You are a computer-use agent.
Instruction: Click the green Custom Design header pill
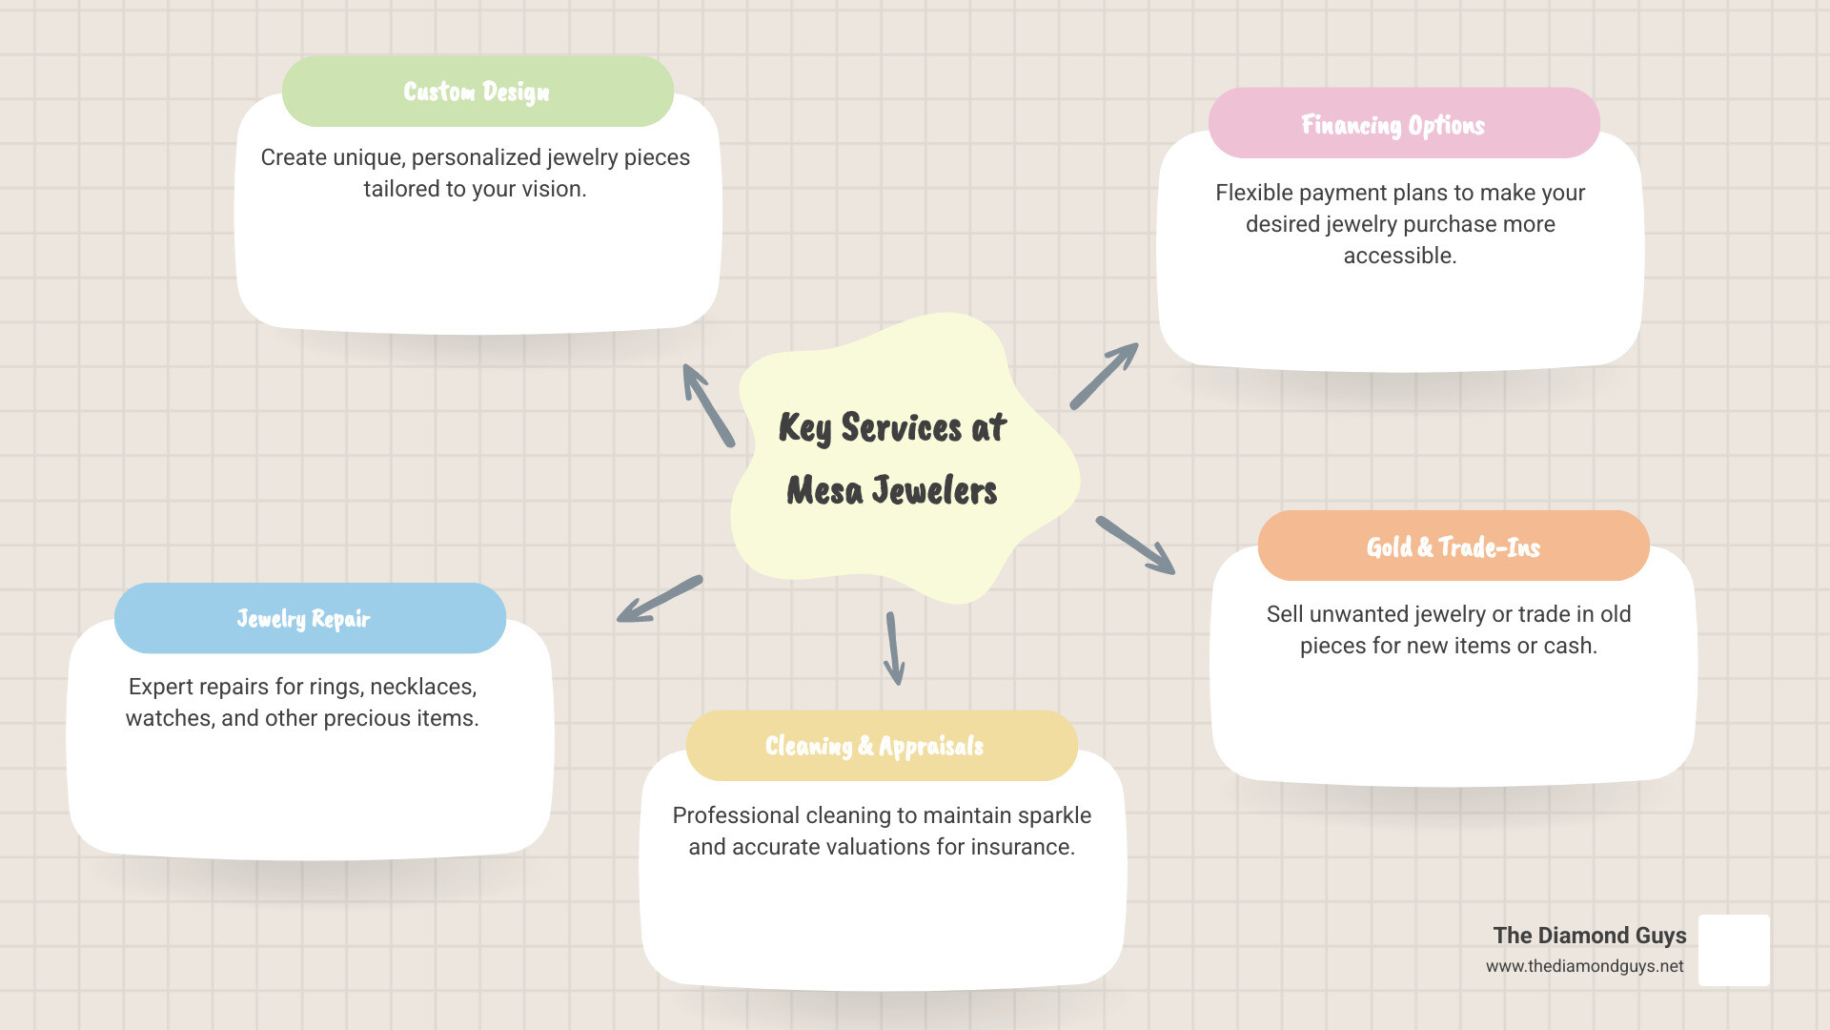point(478,92)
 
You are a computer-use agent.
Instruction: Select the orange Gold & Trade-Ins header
point(1453,546)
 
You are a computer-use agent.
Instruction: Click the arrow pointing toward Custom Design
point(707,404)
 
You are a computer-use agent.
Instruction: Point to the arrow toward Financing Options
point(1104,376)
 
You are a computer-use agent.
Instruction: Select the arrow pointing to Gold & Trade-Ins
point(1135,546)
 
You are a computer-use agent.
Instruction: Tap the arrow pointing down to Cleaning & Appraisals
point(894,649)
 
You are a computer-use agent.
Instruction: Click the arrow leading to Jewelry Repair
point(660,599)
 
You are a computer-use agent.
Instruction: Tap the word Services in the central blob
point(901,428)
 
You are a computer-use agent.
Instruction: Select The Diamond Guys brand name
point(1589,936)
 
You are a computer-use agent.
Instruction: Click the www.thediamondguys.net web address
point(1584,966)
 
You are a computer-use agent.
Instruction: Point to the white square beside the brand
point(1734,950)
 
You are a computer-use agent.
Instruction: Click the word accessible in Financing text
point(1399,256)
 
